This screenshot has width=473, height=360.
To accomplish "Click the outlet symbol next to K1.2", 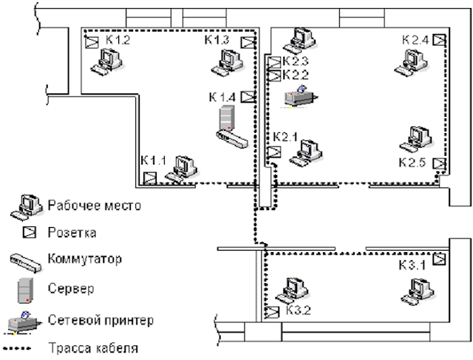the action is (x=92, y=42).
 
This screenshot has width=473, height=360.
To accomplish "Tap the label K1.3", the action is (x=217, y=40).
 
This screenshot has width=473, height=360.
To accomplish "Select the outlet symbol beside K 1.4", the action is (x=248, y=97).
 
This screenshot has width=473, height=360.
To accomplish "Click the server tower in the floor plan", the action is (x=227, y=118).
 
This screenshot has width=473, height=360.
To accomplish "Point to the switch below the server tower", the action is (x=231, y=138).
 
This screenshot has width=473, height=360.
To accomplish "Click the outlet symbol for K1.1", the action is (x=150, y=177).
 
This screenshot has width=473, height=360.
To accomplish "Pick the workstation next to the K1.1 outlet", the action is (x=181, y=169).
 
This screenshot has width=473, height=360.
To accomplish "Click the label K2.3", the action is (x=296, y=61).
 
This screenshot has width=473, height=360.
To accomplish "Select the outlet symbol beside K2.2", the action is (x=274, y=75).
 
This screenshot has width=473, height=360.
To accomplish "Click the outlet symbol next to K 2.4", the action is (x=440, y=40).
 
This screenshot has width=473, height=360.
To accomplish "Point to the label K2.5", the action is (x=412, y=163).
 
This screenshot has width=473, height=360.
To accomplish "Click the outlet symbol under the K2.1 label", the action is (x=274, y=152).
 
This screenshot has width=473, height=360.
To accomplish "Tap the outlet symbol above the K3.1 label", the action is (x=439, y=259).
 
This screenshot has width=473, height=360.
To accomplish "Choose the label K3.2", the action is (x=299, y=310).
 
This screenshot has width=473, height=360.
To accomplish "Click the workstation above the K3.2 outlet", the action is (x=292, y=290).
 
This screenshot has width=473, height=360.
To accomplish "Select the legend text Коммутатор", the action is (x=85, y=259).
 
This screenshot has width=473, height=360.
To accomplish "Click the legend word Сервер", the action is (x=71, y=288).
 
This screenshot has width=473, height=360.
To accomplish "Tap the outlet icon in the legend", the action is (x=30, y=232).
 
